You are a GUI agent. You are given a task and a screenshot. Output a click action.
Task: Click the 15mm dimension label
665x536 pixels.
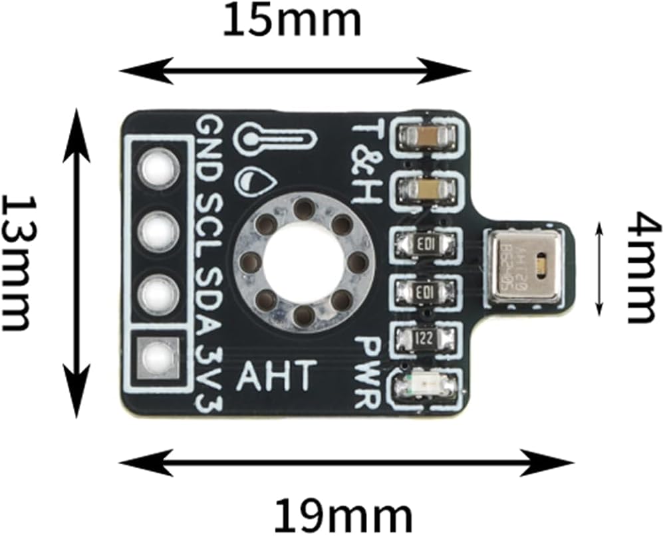[x=292, y=22]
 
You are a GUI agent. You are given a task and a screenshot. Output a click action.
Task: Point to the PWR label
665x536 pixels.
[x=368, y=372]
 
